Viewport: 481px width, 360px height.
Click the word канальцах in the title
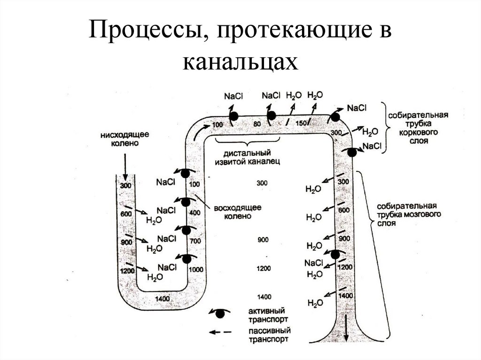click(240, 61)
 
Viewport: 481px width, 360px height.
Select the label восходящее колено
click(237, 212)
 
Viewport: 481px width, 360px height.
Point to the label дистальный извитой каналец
click(245, 158)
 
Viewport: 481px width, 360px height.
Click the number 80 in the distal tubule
click(256, 125)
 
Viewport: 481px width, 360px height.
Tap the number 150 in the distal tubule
click(302, 123)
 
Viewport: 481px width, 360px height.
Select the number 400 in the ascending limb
click(194, 213)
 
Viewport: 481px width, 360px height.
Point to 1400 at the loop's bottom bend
click(162, 299)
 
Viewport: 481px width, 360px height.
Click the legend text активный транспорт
click(266, 314)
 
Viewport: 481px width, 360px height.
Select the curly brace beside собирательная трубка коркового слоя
click(384, 127)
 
